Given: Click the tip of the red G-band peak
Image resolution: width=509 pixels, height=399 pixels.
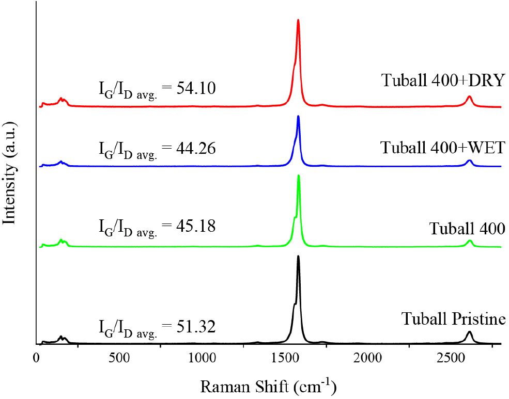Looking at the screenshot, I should pyautogui.click(x=298, y=20).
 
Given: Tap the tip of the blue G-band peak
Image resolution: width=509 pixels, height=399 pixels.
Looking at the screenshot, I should pyautogui.click(x=298, y=117).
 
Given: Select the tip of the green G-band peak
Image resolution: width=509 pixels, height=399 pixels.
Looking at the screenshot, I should pyautogui.click(x=298, y=176).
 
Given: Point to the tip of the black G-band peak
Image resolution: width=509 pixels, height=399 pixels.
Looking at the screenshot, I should pyautogui.click(x=298, y=257).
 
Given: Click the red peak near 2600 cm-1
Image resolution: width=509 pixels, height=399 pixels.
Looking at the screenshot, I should pyautogui.click(x=469, y=97).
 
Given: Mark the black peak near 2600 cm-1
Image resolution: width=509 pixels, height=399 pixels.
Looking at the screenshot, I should pyautogui.click(x=469, y=332).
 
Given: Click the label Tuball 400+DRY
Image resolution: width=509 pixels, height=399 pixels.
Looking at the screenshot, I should pyautogui.click(x=442, y=81).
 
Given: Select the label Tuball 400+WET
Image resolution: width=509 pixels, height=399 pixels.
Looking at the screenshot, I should pyautogui.click(x=442, y=148).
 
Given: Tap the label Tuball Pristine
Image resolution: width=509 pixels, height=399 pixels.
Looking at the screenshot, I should pyautogui.click(x=453, y=320).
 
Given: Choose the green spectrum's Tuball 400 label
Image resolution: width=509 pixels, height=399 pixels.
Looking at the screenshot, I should pyautogui.click(x=467, y=228).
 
